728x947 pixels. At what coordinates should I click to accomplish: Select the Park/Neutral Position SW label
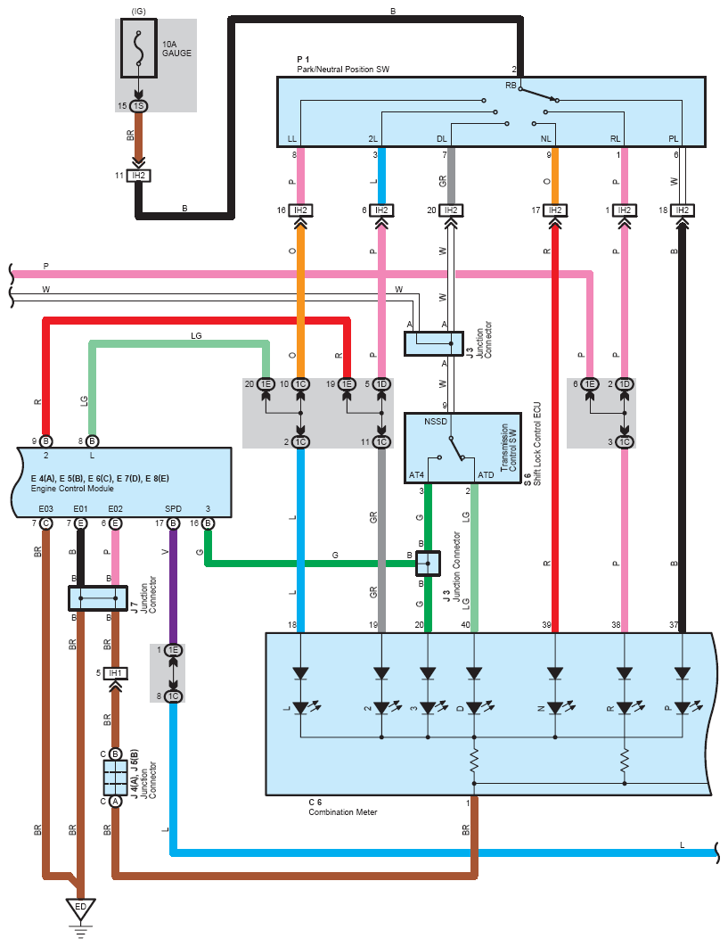tap(343, 69)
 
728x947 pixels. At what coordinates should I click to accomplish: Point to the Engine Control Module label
tap(71, 488)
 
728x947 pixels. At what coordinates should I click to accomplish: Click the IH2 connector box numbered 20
tap(451, 210)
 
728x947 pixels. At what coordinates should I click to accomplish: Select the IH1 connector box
tap(114, 672)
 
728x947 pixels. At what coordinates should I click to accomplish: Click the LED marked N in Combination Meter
tap(555, 707)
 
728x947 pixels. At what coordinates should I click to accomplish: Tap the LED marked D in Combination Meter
tap(473, 707)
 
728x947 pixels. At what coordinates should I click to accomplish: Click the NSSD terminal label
tap(437, 421)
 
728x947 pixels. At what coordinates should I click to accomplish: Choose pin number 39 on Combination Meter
tap(545, 625)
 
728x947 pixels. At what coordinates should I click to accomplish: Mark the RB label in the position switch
tap(511, 86)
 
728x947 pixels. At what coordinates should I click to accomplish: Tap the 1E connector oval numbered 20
tap(266, 383)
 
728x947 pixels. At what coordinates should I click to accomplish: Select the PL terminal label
tap(675, 139)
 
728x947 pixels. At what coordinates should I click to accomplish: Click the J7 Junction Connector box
tap(98, 597)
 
